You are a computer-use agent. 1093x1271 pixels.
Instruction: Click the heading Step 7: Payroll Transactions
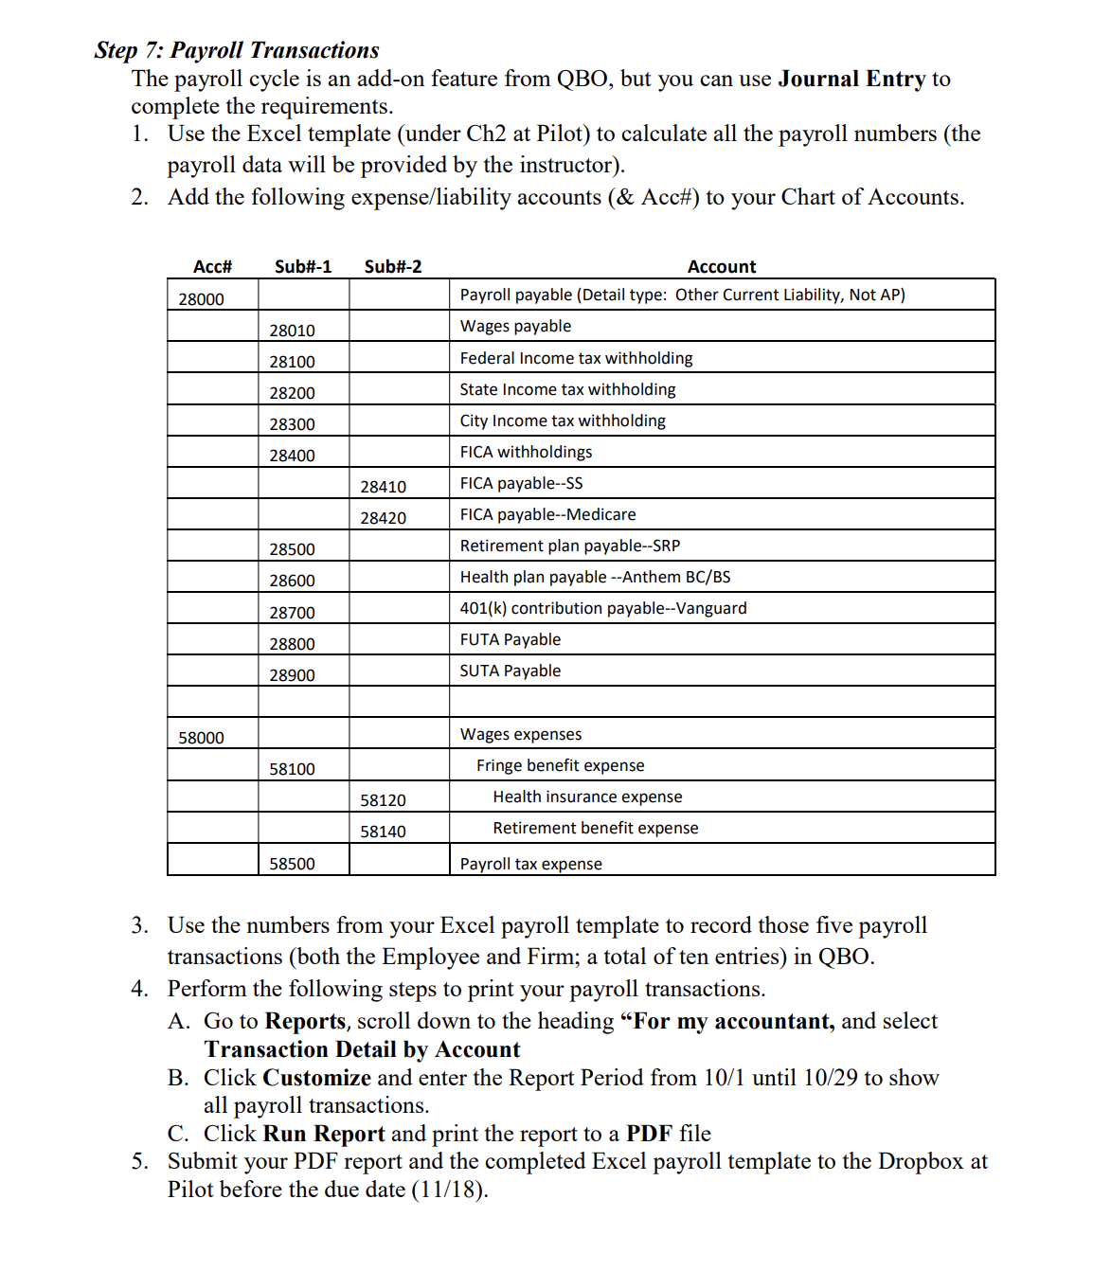[x=237, y=50]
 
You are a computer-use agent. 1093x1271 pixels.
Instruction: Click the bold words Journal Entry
[x=851, y=79]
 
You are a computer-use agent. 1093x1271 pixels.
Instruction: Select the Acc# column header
[x=212, y=267]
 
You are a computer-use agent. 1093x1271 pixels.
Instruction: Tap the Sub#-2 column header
[x=393, y=267]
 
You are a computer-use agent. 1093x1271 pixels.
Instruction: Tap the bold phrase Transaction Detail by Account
[x=362, y=1049]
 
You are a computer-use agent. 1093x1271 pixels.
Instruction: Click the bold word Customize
[x=316, y=1078]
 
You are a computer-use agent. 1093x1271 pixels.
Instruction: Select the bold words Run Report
[x=323, y=1134]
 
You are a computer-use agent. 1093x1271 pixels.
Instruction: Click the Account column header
[x=722, y=267]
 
